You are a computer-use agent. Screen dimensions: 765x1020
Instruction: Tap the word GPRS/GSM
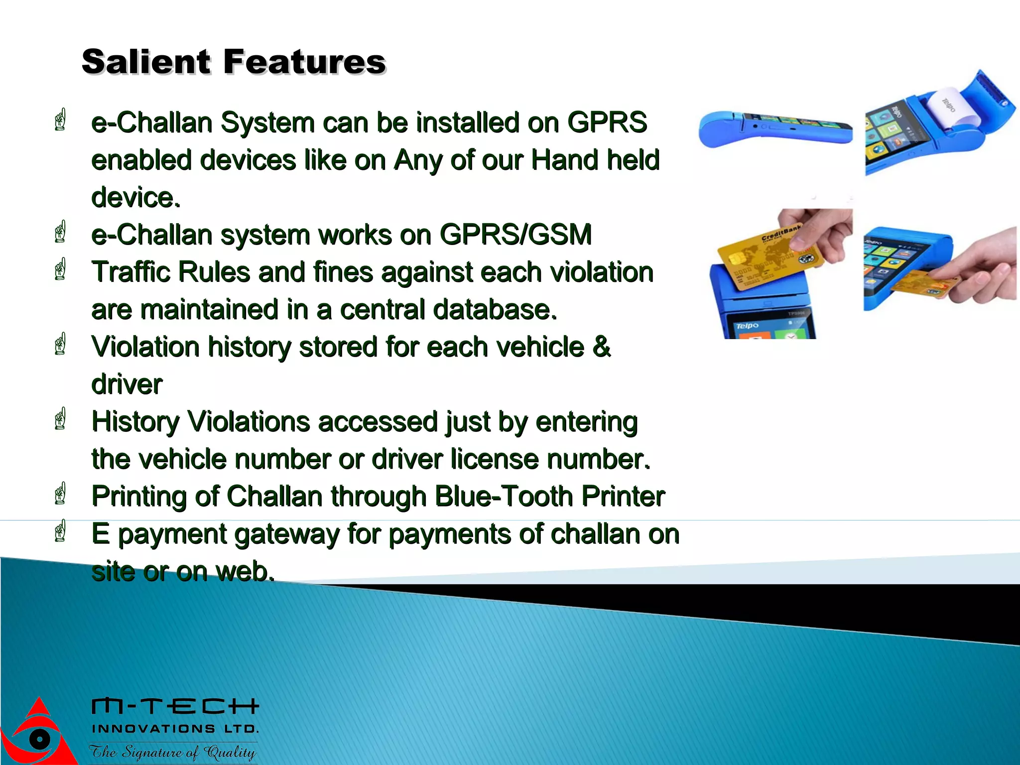(515, 235)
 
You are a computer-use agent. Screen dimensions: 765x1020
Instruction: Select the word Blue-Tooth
(504, 497)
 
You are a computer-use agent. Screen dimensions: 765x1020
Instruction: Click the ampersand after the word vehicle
(602, 347)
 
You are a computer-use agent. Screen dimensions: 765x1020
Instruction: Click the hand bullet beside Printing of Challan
(60, 494)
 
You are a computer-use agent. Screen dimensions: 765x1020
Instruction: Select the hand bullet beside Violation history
(60, 344)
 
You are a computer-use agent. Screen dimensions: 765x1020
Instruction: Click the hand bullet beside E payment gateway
(60, 531)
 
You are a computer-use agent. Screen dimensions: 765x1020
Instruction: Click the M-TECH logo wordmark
(175, 706)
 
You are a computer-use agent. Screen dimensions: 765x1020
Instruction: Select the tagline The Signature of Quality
(172, 752)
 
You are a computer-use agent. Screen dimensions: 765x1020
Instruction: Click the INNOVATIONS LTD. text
(175, 729)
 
